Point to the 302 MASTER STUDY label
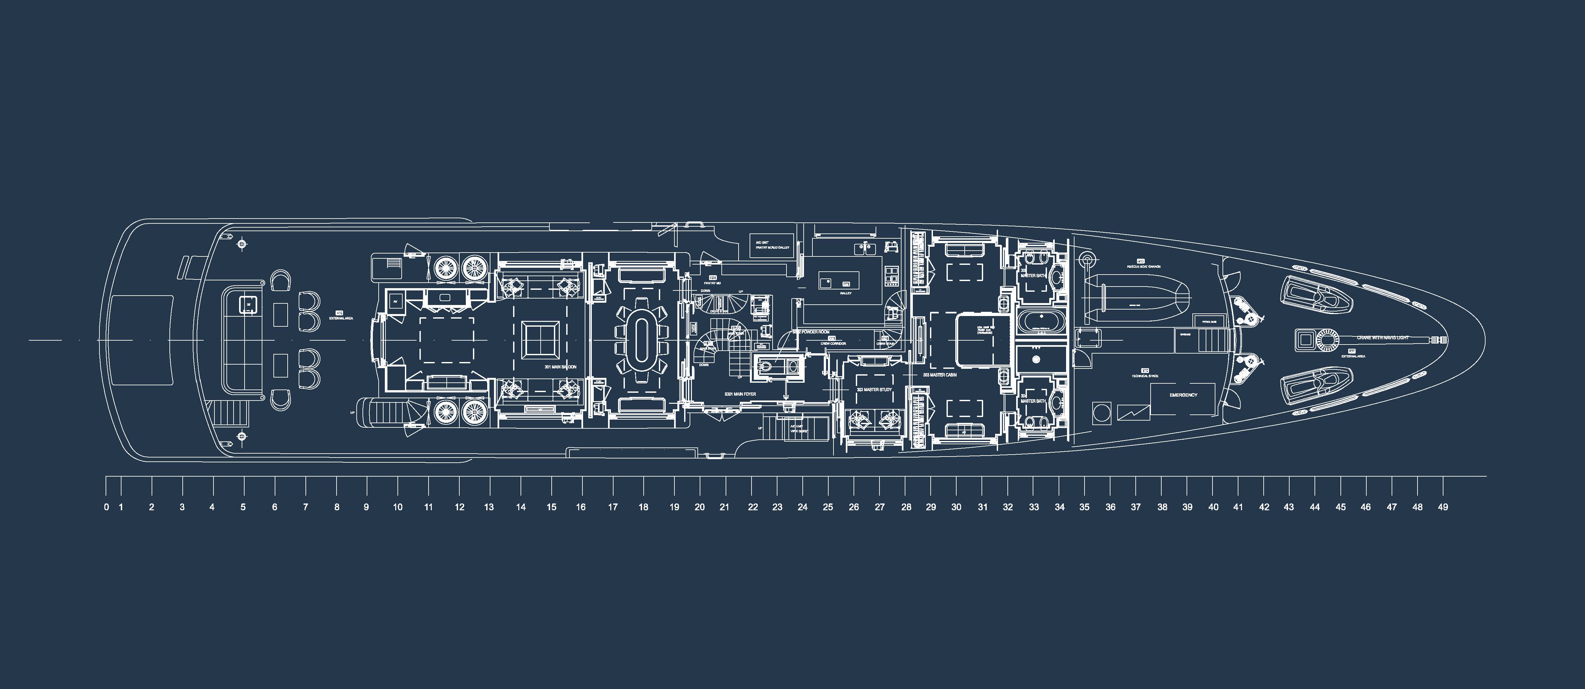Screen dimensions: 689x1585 tap(874, 390)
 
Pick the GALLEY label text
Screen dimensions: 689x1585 tap(845, 293)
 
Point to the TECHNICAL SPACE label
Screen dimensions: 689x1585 tap(1144, 376)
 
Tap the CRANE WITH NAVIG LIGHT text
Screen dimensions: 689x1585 tap(1382, 338)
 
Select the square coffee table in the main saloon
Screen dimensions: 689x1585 tap(541, 339)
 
